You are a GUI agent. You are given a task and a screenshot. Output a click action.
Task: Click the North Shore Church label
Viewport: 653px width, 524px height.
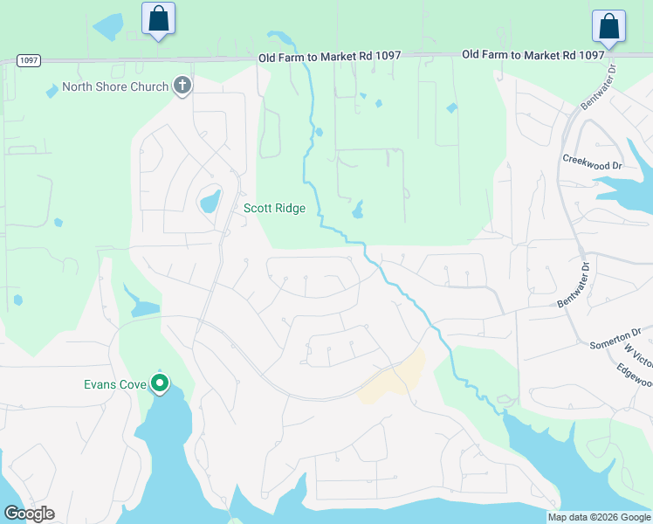(114, 86)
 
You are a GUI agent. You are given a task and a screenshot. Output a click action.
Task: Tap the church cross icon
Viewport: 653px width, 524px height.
(182, 86)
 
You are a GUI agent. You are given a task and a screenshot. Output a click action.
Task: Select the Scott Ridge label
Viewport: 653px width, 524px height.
(274, 208)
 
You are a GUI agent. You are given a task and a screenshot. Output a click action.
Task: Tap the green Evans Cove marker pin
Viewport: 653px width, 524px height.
(160, 383)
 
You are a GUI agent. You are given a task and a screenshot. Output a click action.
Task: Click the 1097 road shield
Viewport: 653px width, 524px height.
(28, 60)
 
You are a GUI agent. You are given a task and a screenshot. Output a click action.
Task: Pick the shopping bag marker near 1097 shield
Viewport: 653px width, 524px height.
(158, 19)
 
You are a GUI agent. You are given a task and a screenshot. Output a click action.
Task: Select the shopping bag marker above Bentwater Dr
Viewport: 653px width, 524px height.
(608, 28)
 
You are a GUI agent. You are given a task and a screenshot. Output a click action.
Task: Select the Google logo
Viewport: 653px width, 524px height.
(29, 514)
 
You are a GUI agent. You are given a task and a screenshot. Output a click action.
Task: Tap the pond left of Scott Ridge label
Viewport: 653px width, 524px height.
(210, 203)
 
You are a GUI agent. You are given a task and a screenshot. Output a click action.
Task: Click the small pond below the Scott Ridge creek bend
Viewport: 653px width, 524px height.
(357, 210)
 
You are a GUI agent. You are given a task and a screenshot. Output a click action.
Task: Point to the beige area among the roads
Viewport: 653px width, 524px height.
(394, 378)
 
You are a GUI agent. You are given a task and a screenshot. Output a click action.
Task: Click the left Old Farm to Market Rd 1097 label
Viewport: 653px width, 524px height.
(329, 56)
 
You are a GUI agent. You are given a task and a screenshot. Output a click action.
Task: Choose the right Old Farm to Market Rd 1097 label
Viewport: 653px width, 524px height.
(533, 54)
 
